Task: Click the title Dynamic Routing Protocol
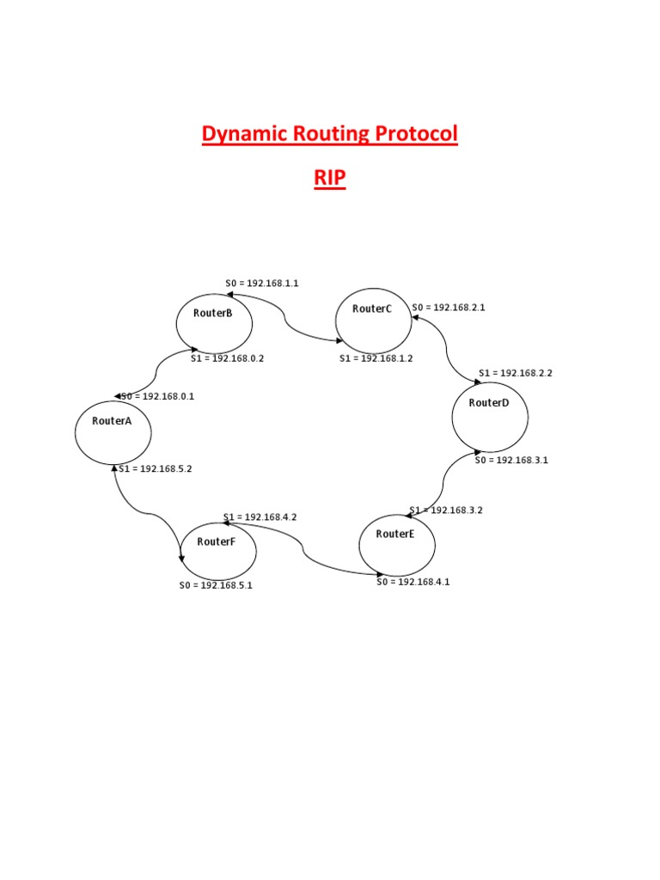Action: point(330,134)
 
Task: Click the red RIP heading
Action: point(330,179)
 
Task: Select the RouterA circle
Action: point(113,431)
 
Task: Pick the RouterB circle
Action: point(214,322)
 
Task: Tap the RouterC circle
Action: point(373,318)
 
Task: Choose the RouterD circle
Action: point(490,416)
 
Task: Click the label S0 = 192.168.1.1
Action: point(262,284)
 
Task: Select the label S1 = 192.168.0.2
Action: point(227,358)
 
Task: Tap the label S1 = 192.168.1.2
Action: point(376,358)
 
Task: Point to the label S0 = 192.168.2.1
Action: point(449,307)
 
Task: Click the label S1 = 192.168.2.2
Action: point(516,373)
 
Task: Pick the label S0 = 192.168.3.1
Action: point(511,460)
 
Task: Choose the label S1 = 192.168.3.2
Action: point(447,510)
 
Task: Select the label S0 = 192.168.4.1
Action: point(413,582)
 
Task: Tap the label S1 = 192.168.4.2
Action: point(260,516)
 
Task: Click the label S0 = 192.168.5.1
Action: point(216,585)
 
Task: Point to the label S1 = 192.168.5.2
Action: point(156,468)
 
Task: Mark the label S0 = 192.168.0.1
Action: point(157,396)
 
